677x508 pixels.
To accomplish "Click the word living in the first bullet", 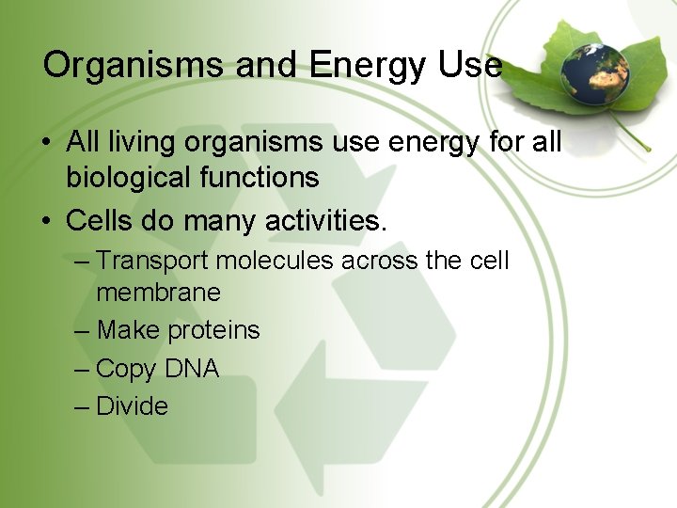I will [142, 142].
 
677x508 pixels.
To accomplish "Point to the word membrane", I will [158, 293].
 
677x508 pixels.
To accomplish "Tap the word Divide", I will [132, 406].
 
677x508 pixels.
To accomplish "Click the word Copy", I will [126, 370].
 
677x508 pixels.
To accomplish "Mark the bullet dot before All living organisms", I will [46, 144].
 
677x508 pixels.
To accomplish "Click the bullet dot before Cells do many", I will [46, 223].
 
